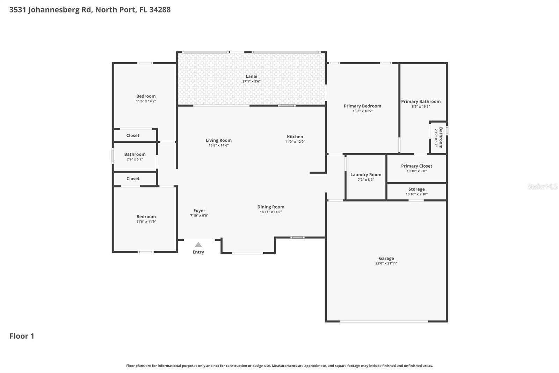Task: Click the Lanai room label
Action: pyautogui.click(x=251, y=76)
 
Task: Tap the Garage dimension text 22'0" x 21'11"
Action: pyautogui.click(x=386, y=263)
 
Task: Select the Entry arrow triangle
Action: pyautogui.click(x=198, y=245)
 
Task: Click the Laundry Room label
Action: pyautogui.click(x=366, y=175)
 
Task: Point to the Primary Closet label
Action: pyautogui.click(x=416, y=166)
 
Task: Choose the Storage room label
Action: pyautogui.click(x=416, y=189)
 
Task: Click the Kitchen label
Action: pyautogui.click(x=295, y=136)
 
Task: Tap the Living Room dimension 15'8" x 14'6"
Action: pyautogui.click(x=218, y=145)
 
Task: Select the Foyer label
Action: pyautogui.click(x=199, y=210)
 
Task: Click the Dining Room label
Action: pyautogui.click(x=271, y=207)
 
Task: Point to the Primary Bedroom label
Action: pyautogui.click(x=362, y=106)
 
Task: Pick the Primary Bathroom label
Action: pyautogui.click(x=421, y=101)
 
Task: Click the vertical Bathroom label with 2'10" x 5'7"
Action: pyautogui.click(x=441, y=138)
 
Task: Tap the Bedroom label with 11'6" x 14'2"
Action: pyautogui.click(x=146, y=96)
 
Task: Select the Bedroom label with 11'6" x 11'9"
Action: pyautogui.click(x=146, y=217)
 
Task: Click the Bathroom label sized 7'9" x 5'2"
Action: pyautogui.click(x=135, y=154)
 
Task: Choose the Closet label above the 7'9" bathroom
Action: pyautogui.click(x=133, y=135)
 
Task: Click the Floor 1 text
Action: pyautogui.click(x=22, y=336)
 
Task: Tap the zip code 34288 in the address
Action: pyautogui.click(x=160, y=9)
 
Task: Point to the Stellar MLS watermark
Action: pyautogui.click(x=542, y=186)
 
